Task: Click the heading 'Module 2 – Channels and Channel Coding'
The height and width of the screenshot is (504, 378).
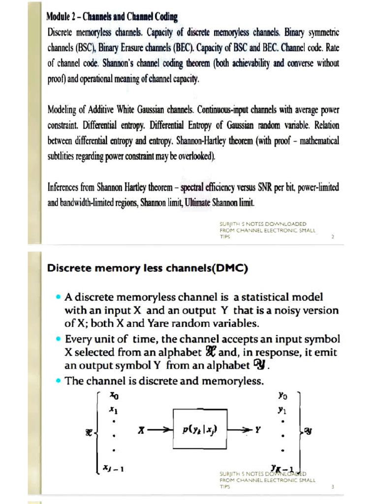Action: [x=112, y=16]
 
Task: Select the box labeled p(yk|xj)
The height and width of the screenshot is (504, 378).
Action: [x=199, y=429]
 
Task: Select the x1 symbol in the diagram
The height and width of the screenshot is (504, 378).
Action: [x=113, y=409]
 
